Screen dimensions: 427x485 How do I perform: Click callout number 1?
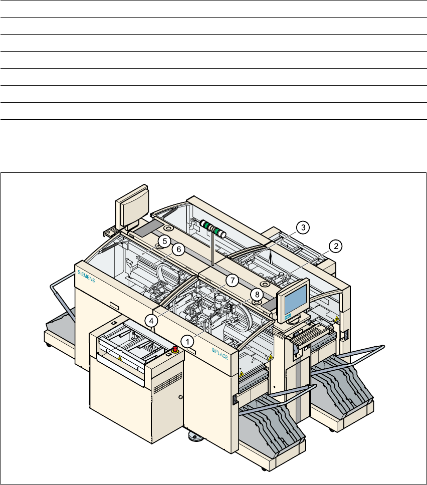pyautogui.click(x=187, y=342)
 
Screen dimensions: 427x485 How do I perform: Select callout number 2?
pyautogui.click(x=336, y=246)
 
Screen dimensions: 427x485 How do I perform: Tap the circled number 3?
pyautogui.click(x=303, y=227)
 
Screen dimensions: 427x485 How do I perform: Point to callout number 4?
pyautogui.click(x=151, y=321)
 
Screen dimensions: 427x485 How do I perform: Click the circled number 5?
pyautogui.click(x=164, y=241)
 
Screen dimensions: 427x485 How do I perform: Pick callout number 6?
pyautogui.click(x=178, y=250)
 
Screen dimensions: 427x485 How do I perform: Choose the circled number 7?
pyautogui.click(x=232, y=281)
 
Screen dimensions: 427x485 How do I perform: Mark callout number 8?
pyautogui.click(x=257, y=295)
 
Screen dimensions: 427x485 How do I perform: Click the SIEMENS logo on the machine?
pyautogui.click(x=86, y=276)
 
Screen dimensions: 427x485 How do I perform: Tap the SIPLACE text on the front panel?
pyautogui.click(x=220, y=354)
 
